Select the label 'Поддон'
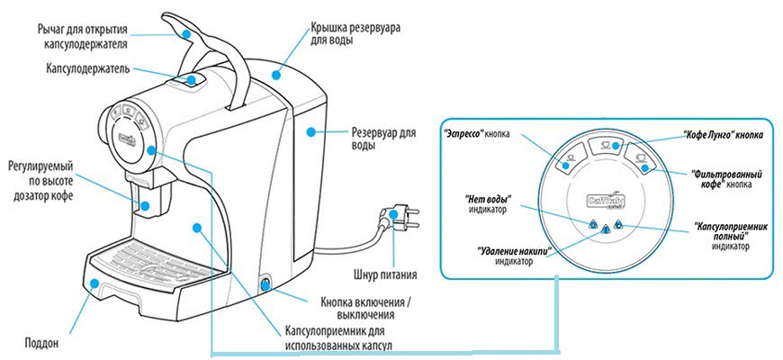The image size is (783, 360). tap(40, 343)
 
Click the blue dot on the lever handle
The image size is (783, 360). tap(186, 33)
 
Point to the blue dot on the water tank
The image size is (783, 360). tap(310, 131)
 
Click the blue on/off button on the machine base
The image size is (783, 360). tap(265, 284)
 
